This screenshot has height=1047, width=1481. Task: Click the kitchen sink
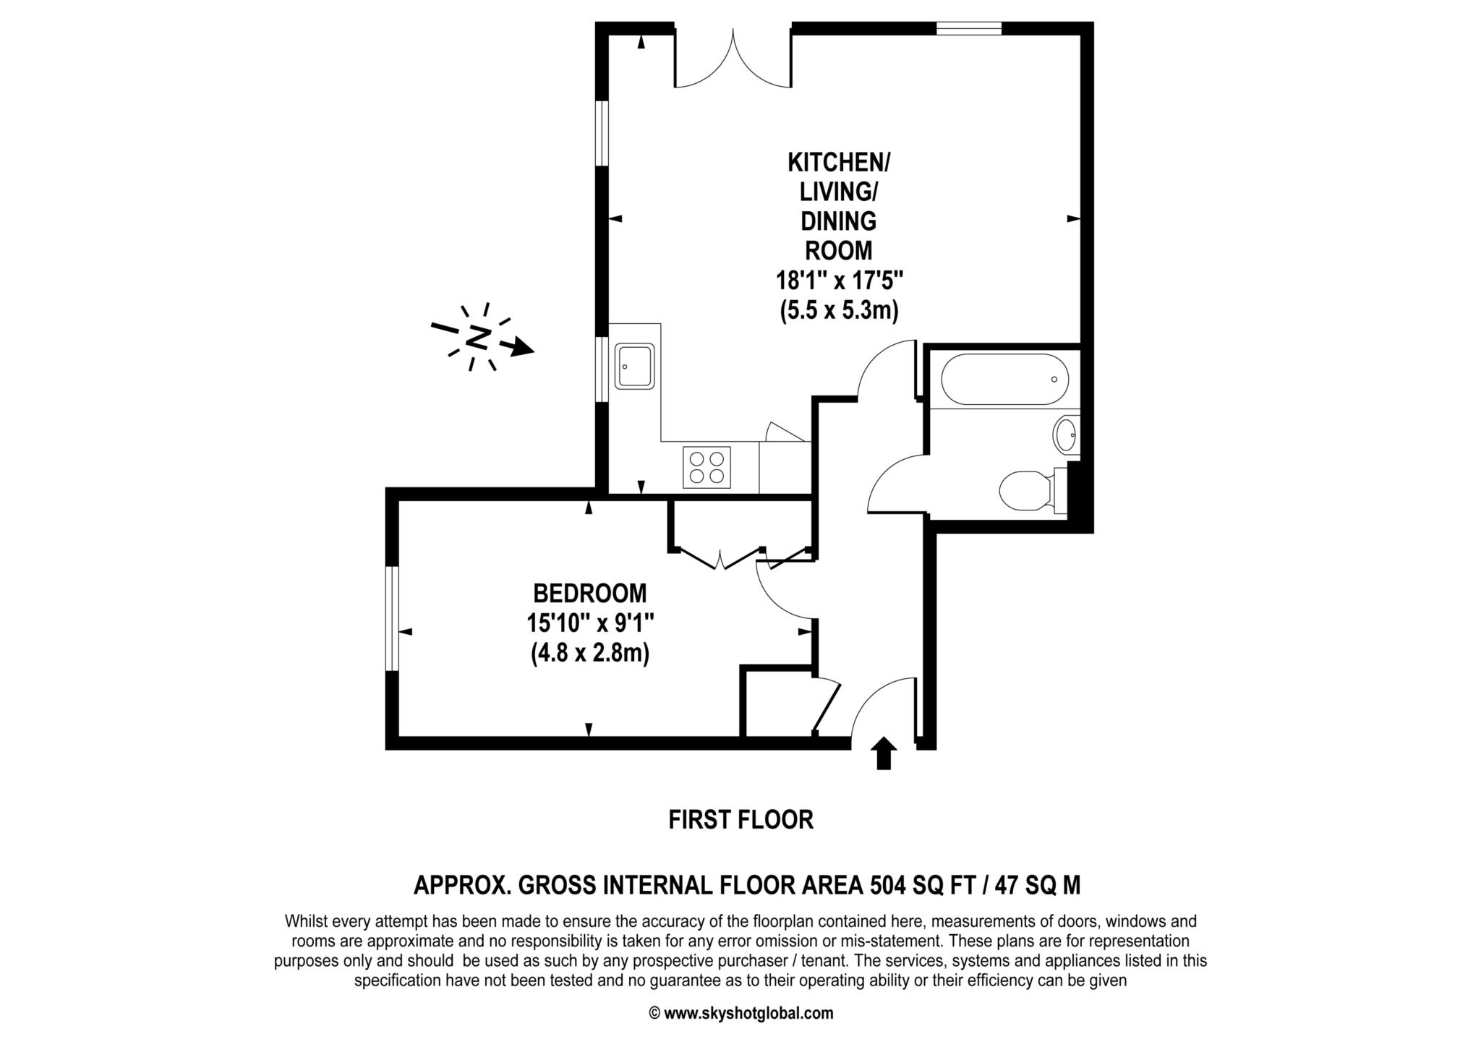[635, 366]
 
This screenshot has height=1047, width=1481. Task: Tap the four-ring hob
[707, 467]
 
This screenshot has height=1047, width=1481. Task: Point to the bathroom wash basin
[1065, 434]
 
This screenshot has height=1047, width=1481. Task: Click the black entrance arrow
[883, 753]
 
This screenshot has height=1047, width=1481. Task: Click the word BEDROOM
[590, 594]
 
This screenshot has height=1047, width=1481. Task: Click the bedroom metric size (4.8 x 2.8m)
[590, 654]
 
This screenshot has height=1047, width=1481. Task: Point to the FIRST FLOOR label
[741, 820]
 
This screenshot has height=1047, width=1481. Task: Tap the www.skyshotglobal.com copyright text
[748, 1013]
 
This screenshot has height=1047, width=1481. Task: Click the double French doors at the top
[733, 59]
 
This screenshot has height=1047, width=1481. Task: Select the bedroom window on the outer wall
[392, 619]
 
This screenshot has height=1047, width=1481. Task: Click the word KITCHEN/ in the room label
[839, 162]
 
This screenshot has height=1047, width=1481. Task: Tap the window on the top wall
[969, 29]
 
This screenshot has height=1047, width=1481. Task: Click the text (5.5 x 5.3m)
[839, 311]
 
